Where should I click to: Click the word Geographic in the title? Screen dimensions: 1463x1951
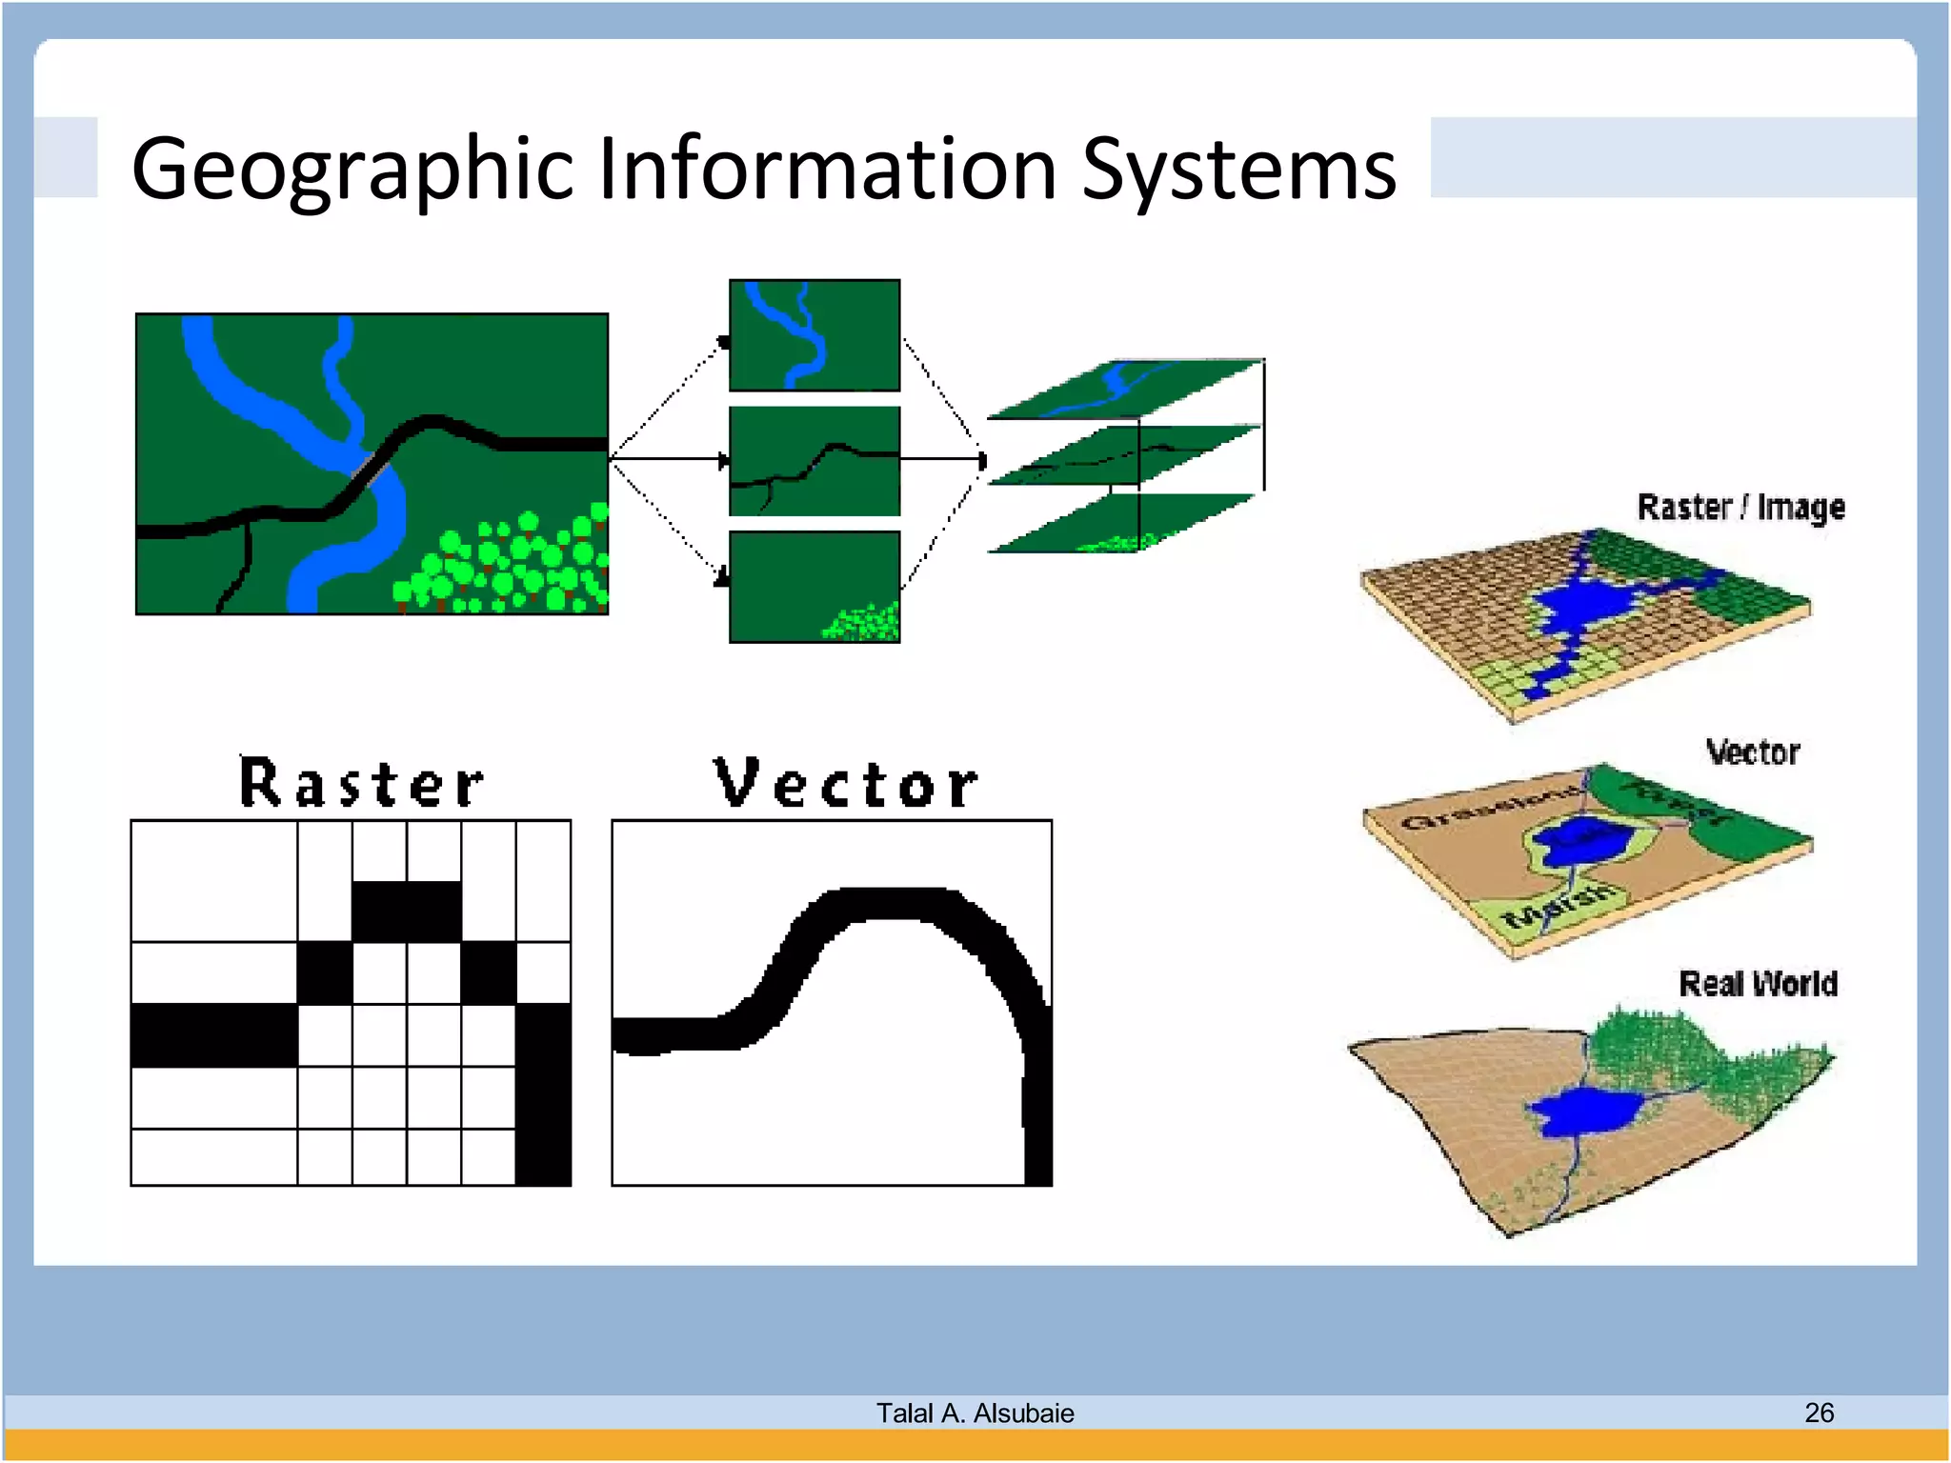[x=352, y=170]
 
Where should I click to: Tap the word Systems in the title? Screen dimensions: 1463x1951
[x=1238, y=170]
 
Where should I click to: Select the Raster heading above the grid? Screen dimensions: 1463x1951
[x=361, y=783]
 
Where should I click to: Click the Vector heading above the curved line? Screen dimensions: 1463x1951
[x=845, y=783]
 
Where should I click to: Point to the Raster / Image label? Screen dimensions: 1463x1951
[x=1740, y=508]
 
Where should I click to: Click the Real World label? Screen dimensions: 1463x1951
[x=1758, y=983]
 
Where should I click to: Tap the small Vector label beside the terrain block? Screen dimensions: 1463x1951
[x=1752, y=752]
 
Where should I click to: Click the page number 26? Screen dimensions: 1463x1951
[x=1819, y=1413]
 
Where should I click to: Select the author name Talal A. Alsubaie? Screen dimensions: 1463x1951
[x=975, y=1413]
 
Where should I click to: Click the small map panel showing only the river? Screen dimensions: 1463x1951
[x=815, y=335]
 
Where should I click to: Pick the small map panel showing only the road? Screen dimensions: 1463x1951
[x=815, y=461]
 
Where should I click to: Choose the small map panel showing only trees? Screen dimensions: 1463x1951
[x=815, y=587]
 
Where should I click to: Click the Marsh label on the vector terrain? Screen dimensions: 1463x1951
[x=1557, y=905]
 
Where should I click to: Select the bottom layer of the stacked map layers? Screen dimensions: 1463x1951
[x=1124, y=524]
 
